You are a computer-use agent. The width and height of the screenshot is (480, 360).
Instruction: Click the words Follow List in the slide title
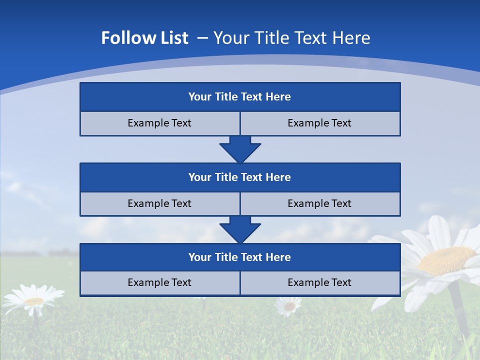[x=144, y=38]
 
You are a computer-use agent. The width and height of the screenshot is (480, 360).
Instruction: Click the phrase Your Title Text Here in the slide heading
[x=292, y=38]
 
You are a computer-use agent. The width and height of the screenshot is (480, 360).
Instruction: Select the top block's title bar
[x=240, y=97]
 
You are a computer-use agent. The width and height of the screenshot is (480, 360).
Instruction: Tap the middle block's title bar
[x=240, y=177]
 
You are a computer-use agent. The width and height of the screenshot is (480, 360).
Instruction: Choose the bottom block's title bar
[x=240, y=257]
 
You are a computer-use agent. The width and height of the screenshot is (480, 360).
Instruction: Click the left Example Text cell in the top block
[x=159, y=123]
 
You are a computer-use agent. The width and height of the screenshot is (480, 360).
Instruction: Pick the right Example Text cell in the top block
[x=320, y=123]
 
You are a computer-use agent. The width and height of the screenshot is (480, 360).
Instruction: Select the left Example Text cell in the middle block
[x=159, y=204]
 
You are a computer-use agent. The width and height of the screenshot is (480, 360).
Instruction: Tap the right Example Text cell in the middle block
[x=320, y=204]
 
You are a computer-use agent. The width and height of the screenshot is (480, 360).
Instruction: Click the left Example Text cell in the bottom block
[x=159, y=283]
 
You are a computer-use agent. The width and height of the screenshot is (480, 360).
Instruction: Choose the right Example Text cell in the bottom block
[x=320, y=283]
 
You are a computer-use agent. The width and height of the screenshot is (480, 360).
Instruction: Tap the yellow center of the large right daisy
[x=446, y=260]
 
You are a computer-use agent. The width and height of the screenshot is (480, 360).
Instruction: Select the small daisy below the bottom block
[x=288, y=305]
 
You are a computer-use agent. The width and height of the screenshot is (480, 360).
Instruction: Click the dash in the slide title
[x=203, y=38]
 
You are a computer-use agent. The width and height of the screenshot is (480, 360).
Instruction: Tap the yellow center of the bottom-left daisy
[x=33, y=301]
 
